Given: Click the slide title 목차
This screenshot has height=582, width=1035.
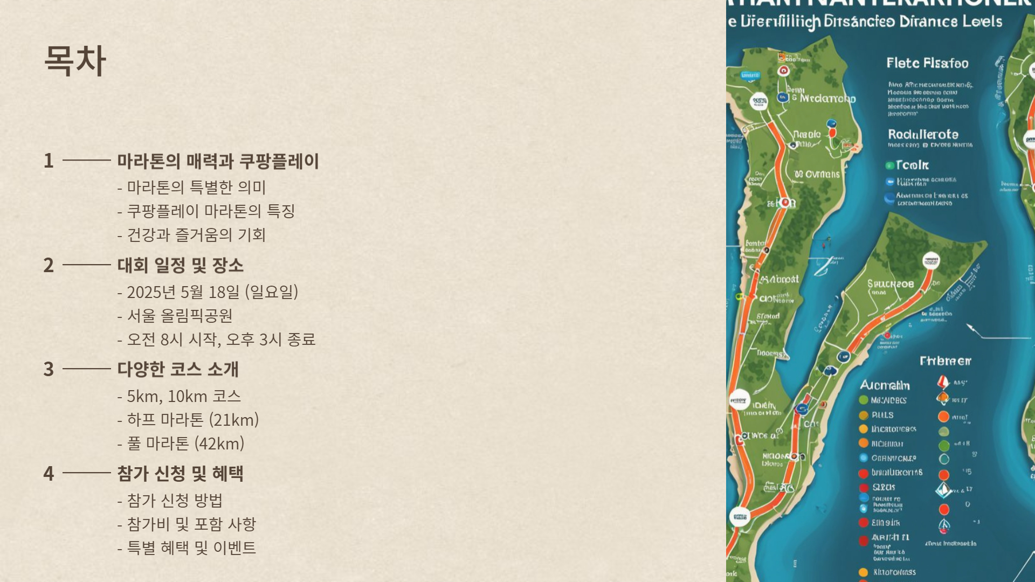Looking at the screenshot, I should pyautogui.click(x=75, y=60).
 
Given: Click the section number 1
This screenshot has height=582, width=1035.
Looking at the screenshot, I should pyautogui.click(x=49, y=161).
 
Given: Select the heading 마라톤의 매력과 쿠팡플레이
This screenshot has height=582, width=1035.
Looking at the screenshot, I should pyautogui.click(x=218, y=161).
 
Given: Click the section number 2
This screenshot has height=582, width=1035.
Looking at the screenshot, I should pyautogui.click(x=49, y=265).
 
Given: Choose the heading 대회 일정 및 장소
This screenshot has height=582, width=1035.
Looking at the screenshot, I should pyautogui.click(x=181, y=265).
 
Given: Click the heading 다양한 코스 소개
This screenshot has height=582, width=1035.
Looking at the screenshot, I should pyautogui.click(x=178, y=369).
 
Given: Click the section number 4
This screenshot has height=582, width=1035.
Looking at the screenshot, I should pyautogui.click(x=49, y=474).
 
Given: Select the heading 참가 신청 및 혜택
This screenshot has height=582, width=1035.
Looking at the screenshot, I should pyautogui.click(x=181, y=474).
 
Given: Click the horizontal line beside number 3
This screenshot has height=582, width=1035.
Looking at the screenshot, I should pyautogui.click(x=87, y=369).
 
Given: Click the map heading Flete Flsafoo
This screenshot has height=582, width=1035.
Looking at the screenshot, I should pyautogui.click(x=927, y=63).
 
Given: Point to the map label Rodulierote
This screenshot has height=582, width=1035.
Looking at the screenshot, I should pyautogui.click(x=923, y=134).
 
